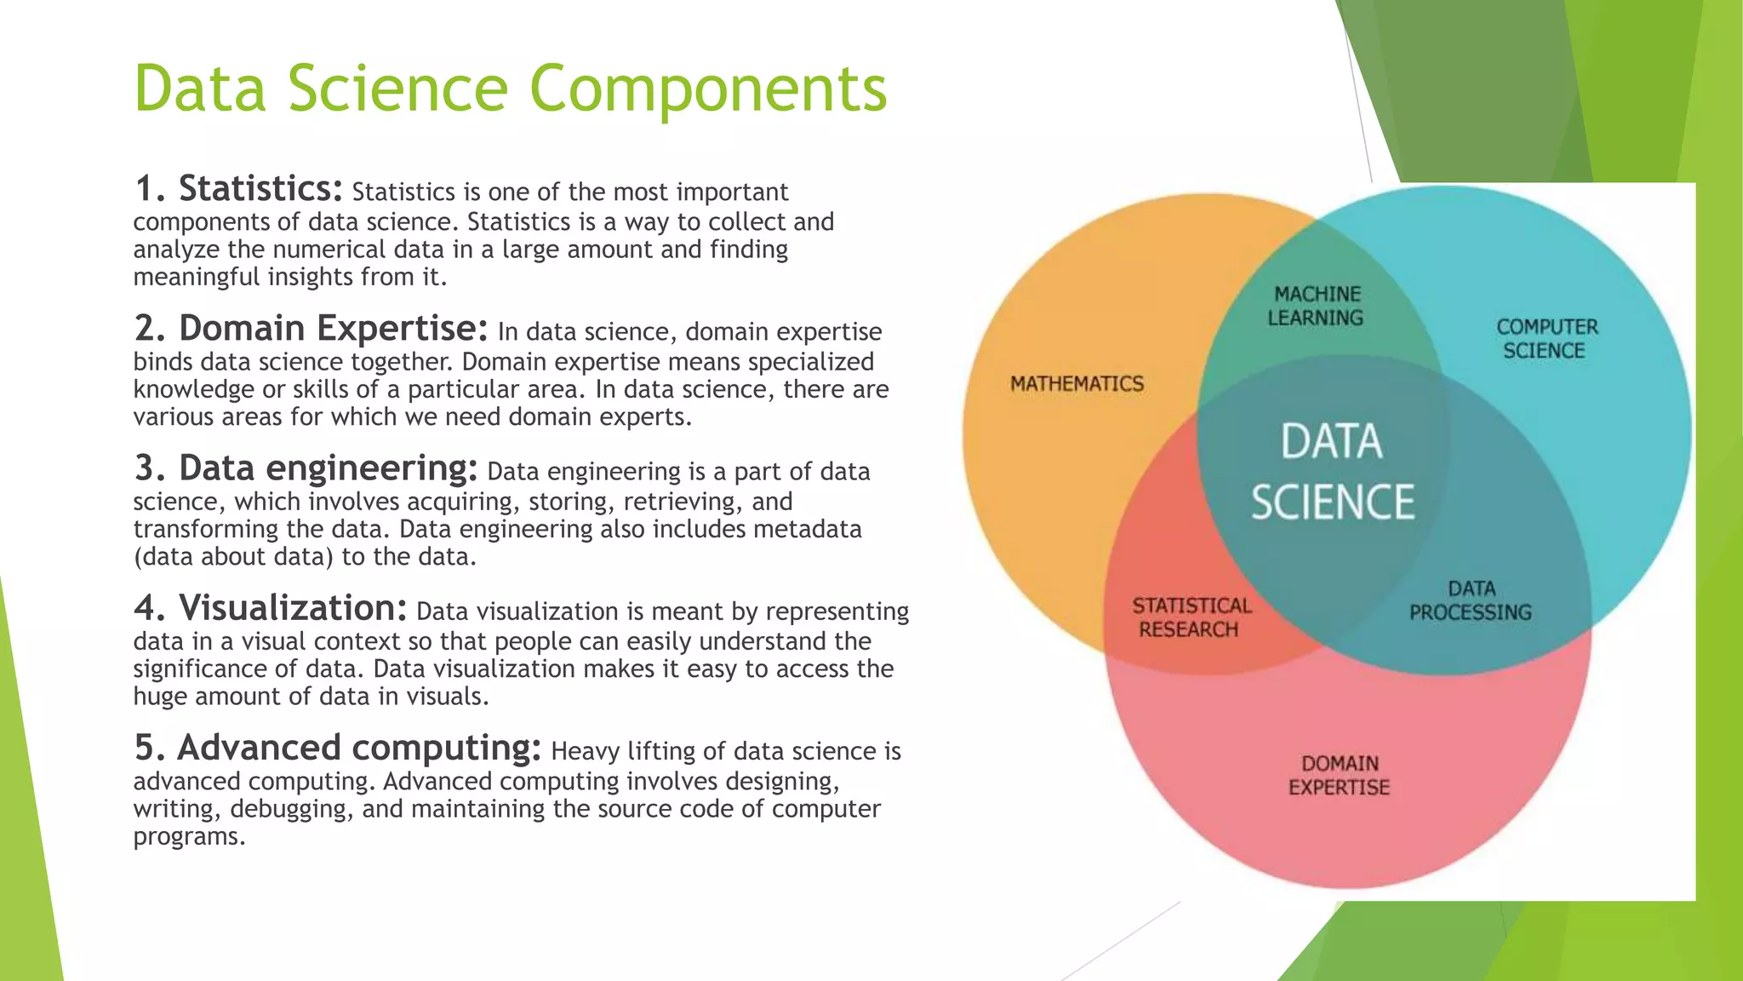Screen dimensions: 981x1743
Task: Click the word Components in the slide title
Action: [x=708, y=89]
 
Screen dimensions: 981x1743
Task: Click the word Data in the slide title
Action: [x=200, y=89]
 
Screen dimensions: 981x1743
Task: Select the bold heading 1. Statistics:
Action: [x=239, y=188]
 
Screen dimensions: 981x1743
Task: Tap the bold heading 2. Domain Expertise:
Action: [x=311, y=328]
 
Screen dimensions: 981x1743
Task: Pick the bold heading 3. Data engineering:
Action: [x=306, y=468]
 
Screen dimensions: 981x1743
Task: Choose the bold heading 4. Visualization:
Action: [x=271, y=608]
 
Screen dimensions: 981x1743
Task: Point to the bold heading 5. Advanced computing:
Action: [x=338, y=748]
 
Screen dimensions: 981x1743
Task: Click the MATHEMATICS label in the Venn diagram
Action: [x=1077, y=384]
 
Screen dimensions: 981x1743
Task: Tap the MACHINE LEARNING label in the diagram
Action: [x=1316, y=306]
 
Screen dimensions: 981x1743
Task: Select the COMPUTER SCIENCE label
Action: [x=1546, y=339]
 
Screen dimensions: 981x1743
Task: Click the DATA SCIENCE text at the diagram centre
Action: [x=1332, y=472]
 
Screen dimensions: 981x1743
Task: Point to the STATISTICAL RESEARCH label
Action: [x=1191, y=617]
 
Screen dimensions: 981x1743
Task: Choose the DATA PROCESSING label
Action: [x=1470, y=600]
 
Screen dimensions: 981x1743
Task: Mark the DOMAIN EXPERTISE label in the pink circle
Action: [x=1339, y=775]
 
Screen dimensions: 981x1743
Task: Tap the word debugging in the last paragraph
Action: [x=290, y=809]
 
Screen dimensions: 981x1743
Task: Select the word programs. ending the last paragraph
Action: [x=189, y=837]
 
